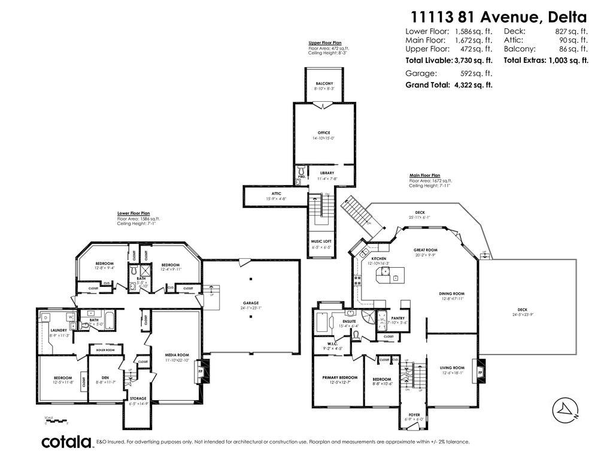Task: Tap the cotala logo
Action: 66,442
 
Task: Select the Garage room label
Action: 251,303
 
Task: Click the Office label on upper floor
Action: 324,133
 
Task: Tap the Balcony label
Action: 324,83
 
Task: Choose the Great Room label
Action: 426,250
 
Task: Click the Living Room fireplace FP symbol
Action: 480,372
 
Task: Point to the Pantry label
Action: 398,318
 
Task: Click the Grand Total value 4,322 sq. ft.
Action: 472,85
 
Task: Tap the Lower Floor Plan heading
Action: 133,213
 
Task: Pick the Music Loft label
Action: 322,241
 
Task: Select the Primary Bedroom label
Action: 339,377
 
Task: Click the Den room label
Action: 105,377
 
